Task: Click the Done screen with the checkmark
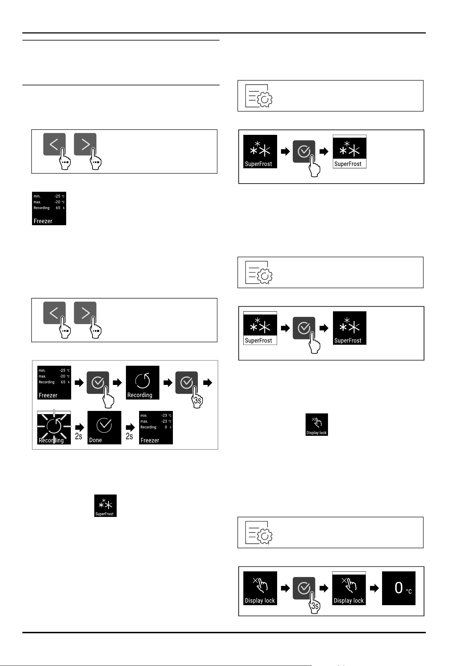(x=104, y=428)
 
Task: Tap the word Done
(x=95, y=440)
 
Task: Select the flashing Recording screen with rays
(x=54, y=428)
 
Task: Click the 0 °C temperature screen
(x=399, y=588)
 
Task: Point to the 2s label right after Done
(x=129, y=436)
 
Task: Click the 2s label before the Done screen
(x=79, y=436)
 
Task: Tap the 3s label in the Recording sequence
(x=198, y=401)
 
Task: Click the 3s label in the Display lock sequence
(x=315, y=606)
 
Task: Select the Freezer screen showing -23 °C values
(x=156, y=428)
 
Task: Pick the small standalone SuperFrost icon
(x=106, y=506)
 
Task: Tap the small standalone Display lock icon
(x=317, y=424)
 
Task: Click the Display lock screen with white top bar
(x=349, y=588)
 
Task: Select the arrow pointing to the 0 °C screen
(x=374, y=588)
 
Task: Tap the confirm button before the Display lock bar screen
(x=304, y=588)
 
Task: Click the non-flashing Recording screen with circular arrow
(x=143, y=383)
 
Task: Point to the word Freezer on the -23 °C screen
(x=150, y=440)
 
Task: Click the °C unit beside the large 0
(x=409, y=591)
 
